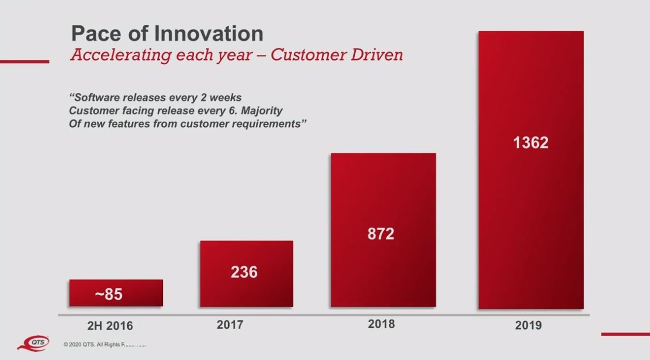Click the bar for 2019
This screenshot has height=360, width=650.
point(531,207)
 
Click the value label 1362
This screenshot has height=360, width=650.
point(531,142)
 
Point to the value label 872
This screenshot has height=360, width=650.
point(381,234)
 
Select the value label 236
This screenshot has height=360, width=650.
point(244,272)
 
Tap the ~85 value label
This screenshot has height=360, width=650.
point(109,294)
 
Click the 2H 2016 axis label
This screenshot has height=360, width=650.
point(109,326)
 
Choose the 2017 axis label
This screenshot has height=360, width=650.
point(230,325)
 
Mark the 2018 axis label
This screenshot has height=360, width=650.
point(381,324)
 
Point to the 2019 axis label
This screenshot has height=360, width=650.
point(528,325)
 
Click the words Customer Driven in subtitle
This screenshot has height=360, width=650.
point(336,55)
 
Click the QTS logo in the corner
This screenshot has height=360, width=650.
point(34,343)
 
